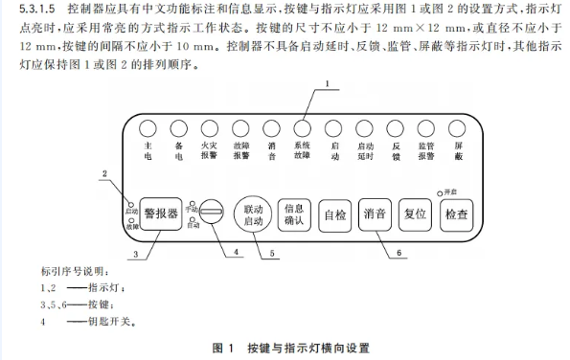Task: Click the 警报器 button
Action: click(160, 214)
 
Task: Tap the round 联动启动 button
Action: click(253, 214)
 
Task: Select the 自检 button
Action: click(335, 214)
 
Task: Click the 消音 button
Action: click(375, 214)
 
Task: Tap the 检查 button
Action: click(455, 214)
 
